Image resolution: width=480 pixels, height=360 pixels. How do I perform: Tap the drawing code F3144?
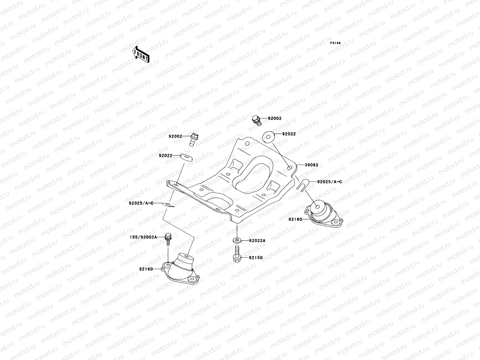tap(336, 43)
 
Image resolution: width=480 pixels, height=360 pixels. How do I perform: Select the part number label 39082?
tap(312, 165)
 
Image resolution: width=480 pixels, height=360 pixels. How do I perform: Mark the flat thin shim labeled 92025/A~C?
tap(168, 205)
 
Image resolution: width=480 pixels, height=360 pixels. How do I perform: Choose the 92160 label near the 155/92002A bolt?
tap(146, 269)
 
